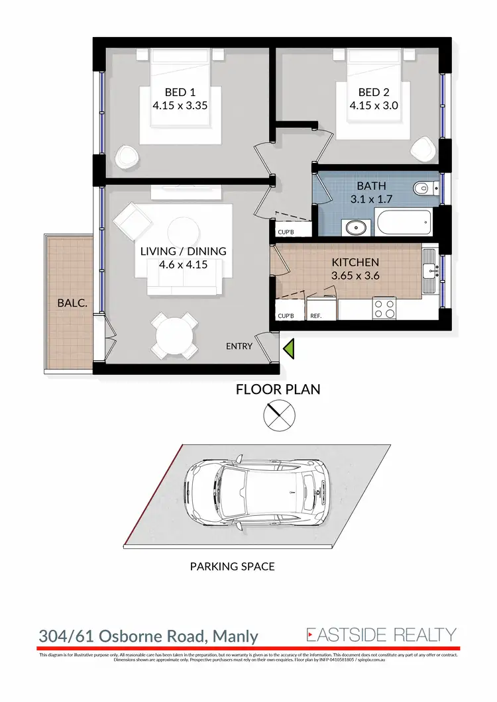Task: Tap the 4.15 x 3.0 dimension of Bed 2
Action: [x=374, y=105]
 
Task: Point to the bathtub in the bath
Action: [x=404, y=222]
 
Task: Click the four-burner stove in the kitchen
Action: [x=385, y=309]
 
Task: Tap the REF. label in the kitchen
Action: [x=316, y=317]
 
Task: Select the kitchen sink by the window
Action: [x=430, y=270]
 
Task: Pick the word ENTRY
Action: [x=240, y=346]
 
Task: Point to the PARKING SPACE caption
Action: [x=232, y=566]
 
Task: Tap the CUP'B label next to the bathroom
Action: [x=286, y=232]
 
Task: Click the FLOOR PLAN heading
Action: [x=278, y=389]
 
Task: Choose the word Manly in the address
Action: [x=235, y=637]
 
